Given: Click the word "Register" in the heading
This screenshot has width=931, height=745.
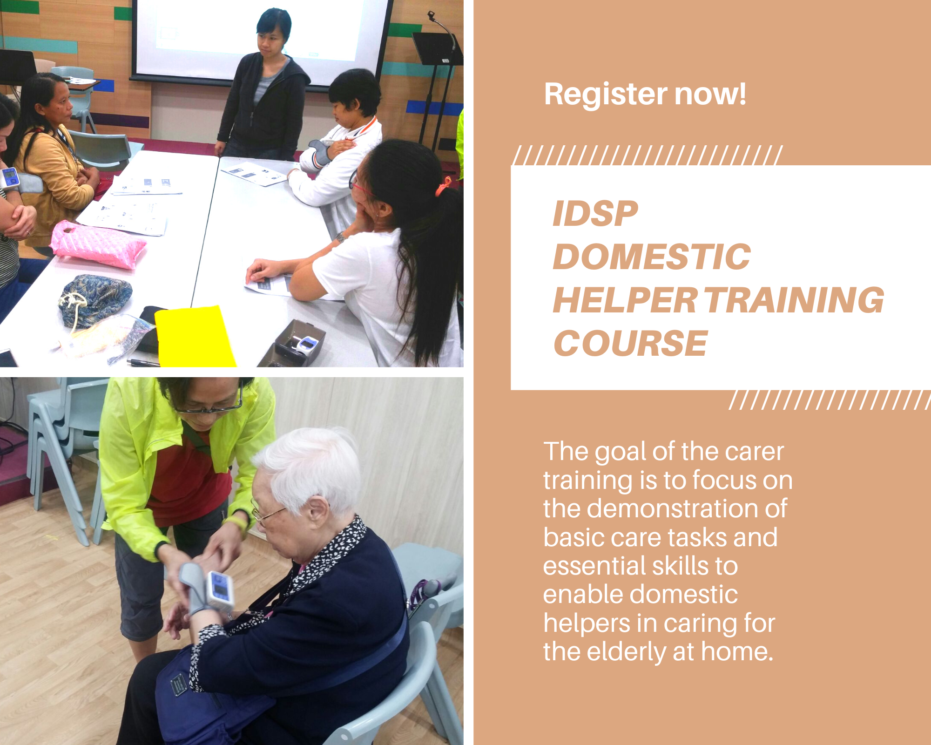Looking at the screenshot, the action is point(605,95).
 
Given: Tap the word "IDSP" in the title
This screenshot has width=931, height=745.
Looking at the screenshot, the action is point(595,214).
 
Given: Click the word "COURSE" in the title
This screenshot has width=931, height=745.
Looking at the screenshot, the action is point(631,343).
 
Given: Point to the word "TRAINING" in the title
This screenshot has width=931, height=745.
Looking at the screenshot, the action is point(795,300).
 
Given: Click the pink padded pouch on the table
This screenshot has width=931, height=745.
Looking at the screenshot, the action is point(98,244).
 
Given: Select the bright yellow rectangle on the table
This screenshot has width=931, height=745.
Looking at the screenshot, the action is point(194,337).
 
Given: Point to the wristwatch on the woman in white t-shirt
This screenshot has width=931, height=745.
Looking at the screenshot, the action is point(341,237).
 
